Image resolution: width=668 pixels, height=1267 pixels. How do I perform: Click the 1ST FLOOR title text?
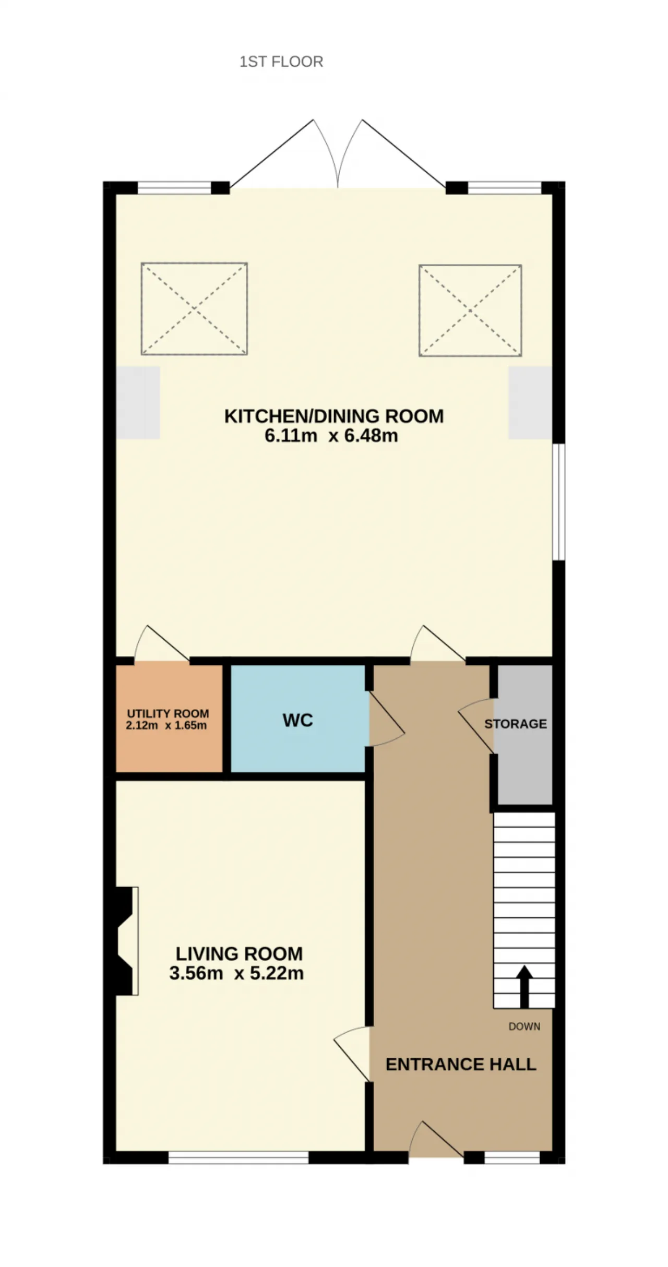[281, 62]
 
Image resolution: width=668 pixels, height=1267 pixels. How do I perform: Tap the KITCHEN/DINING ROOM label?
[334, 416]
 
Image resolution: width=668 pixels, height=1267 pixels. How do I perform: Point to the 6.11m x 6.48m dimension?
[331, 435]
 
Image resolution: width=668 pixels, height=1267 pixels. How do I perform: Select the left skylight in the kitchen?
[194, 309]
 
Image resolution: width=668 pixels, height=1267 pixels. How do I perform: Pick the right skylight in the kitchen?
[470, 310]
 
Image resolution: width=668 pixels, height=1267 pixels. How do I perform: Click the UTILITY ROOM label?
[168, 713]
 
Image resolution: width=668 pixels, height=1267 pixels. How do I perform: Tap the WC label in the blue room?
[297, 721]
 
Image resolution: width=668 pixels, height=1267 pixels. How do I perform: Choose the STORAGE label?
[516, 724]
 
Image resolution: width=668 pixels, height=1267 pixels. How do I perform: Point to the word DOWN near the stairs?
[524, 1026]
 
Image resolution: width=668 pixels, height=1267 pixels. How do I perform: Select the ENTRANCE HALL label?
[461, 1064]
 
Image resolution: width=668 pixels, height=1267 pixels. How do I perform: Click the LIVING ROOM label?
[239, 954]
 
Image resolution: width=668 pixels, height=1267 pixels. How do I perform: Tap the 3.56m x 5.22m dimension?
[236, 973]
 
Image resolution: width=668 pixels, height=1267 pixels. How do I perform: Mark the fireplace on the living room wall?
[124, 941]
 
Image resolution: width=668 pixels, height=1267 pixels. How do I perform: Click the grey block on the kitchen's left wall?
[138, 402]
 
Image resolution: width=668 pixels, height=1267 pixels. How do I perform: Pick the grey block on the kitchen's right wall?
[530, 403]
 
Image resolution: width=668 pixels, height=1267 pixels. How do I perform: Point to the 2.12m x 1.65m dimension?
[166, 725]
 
